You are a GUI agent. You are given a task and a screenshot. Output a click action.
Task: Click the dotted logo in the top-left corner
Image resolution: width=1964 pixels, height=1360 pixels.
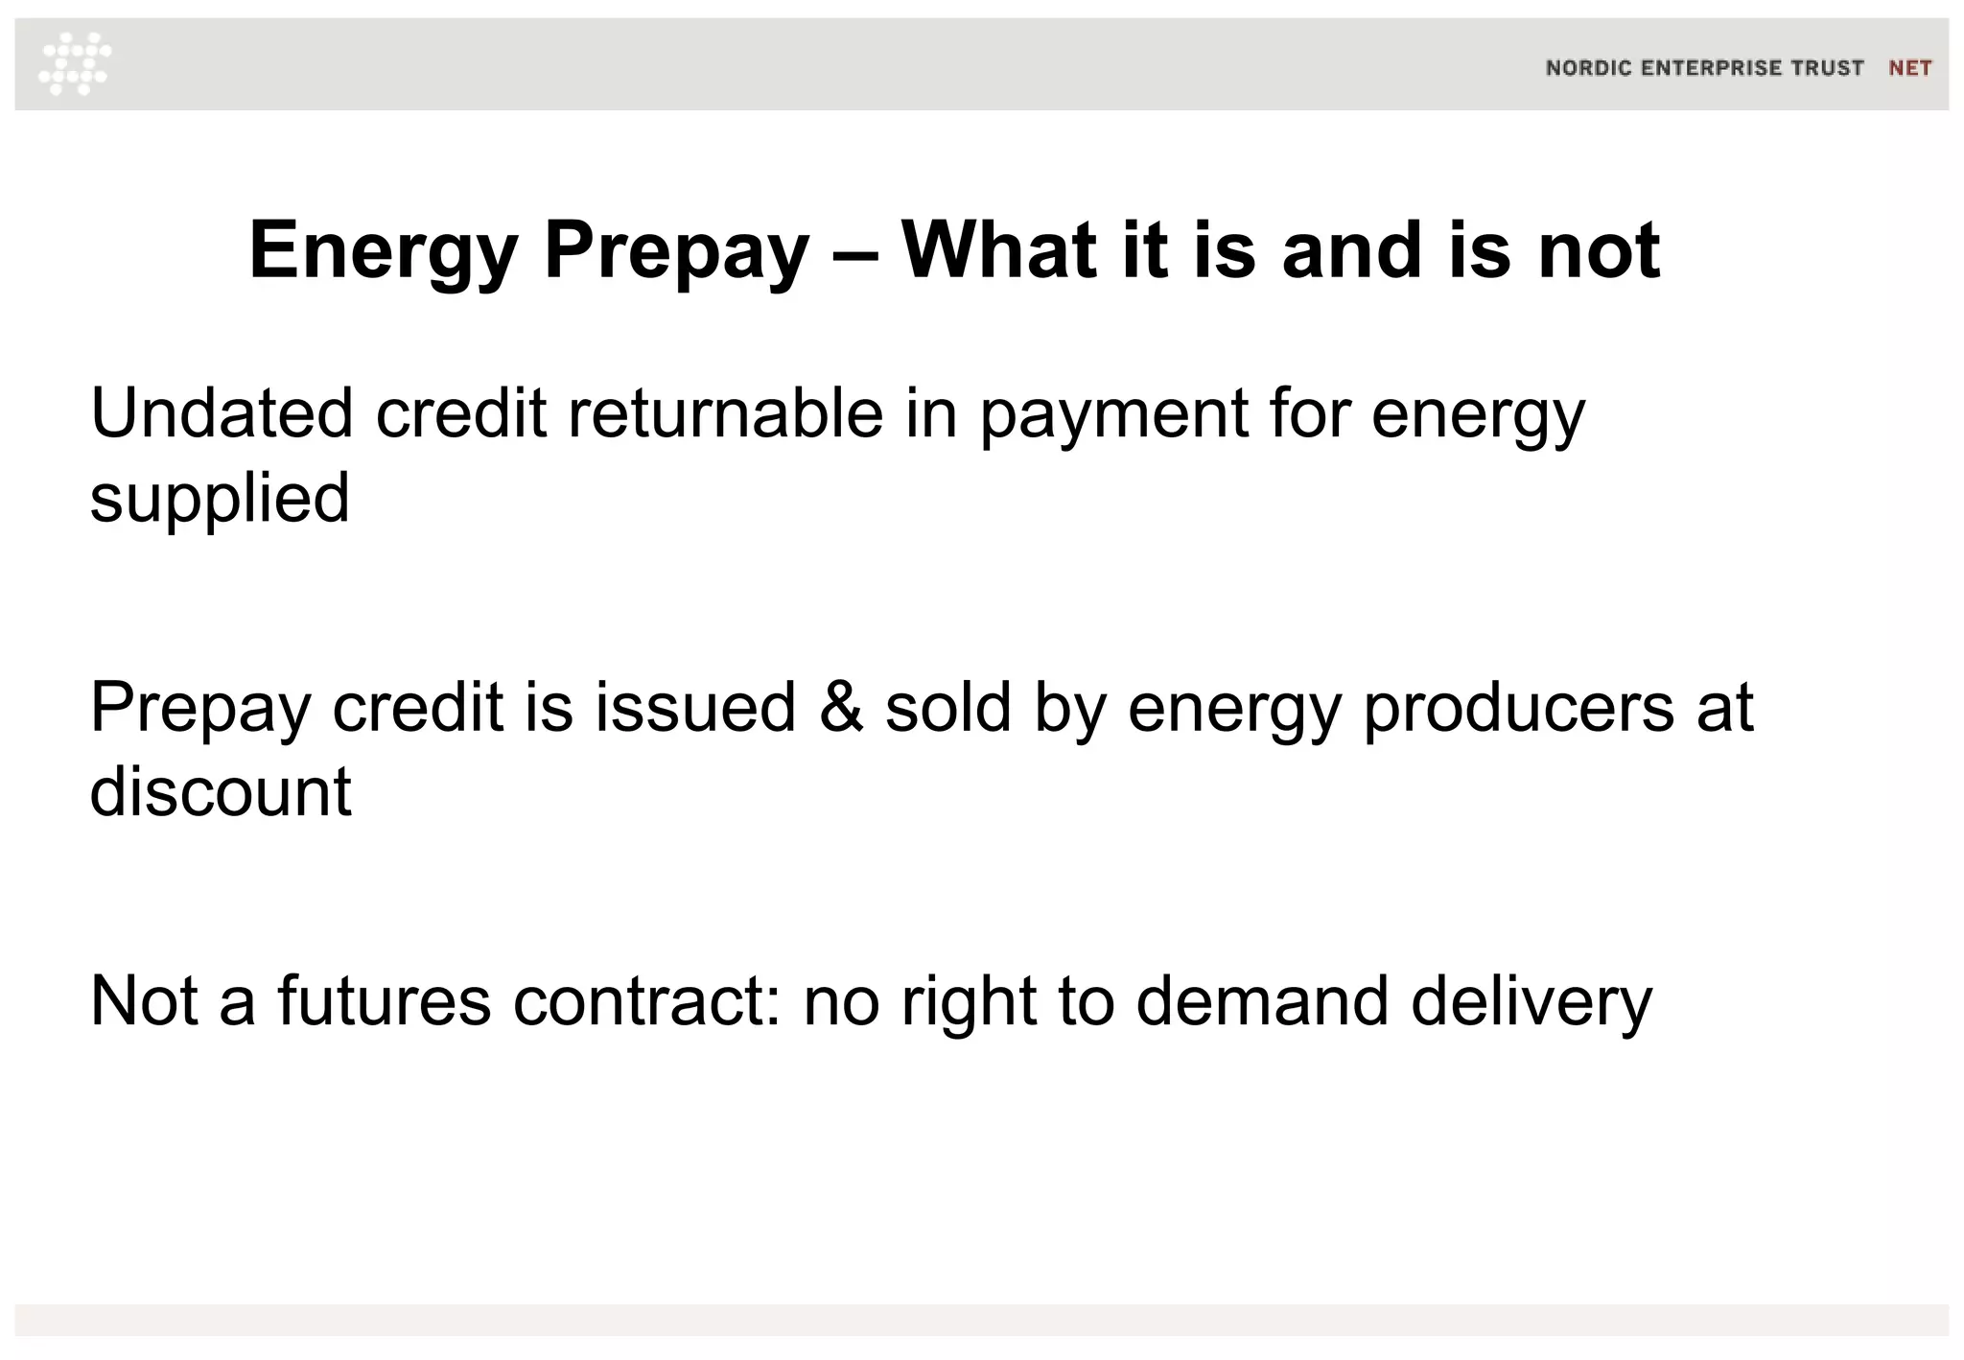pyautogui.click(x=75, y=63)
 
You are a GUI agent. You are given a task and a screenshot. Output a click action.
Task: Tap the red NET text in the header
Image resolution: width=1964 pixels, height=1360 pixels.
pyautogui.click(x=1909, y=68)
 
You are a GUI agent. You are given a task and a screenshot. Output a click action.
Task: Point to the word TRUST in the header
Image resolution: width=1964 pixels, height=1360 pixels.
pyautogui.click(x=1828, y=68)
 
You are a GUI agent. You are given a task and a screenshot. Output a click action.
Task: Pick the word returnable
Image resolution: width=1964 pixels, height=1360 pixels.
pyautogui.click(x=725, y=413)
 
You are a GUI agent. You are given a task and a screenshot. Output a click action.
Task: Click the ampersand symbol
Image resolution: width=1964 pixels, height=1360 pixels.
pyautogui.click(x=841, y=708)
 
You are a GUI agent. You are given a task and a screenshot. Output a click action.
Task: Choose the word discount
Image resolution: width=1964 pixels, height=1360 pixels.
pyautogui.click(x=221, y=792)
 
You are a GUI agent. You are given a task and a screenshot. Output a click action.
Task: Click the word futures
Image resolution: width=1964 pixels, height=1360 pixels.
pyautogui.click(x=384, y=1001)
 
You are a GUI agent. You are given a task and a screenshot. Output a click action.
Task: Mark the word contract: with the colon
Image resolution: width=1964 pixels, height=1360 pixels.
pyautogui.click(x=647, y=1001)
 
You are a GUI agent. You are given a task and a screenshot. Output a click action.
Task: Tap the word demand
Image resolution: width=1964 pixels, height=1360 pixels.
pyautogui.click(x=1262, y=1001)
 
